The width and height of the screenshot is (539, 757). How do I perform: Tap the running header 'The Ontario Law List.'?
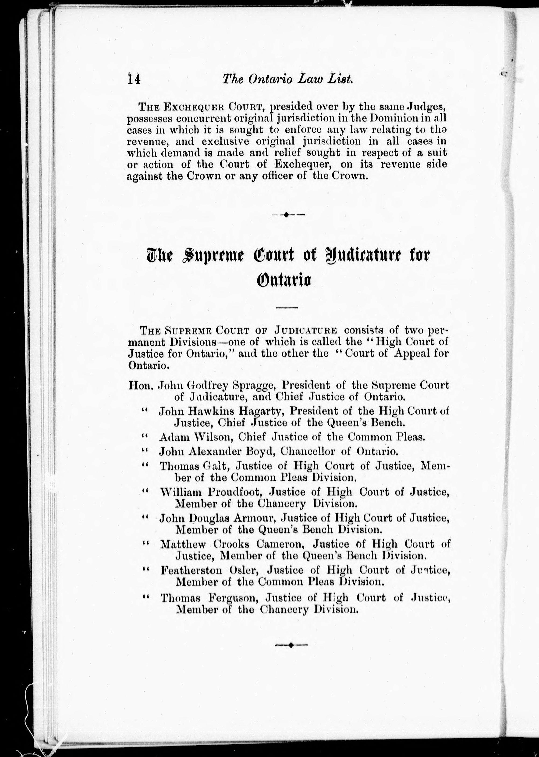[x=287, y=79]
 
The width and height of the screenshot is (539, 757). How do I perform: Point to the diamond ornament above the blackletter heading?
[x=288, y=215]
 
